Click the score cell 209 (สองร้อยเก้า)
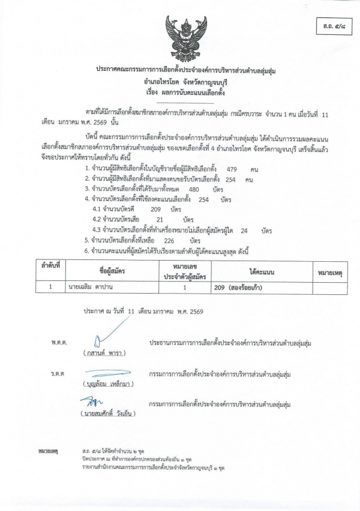click(x=238, y=287)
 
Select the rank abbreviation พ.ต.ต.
click(x=59, y=342)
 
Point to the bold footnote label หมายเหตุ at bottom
click(x=47, y=449)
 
